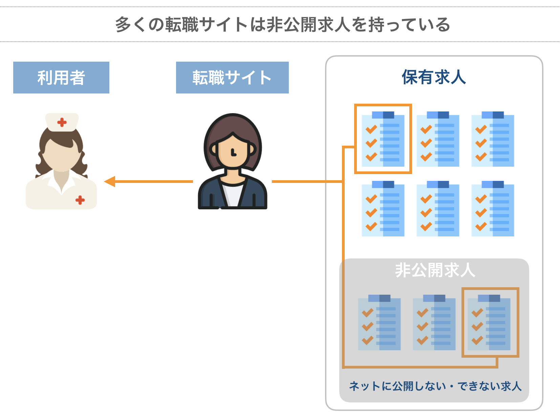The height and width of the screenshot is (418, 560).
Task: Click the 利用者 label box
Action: pyautogui.click(x=61, y=78)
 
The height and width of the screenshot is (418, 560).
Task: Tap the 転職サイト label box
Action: pyautogui.click(x=232, y=78)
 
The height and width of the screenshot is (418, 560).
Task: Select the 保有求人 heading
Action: pyautogui.click(x=434, y=77)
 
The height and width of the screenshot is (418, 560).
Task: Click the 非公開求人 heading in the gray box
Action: pyautogui.click(x=435, y=270)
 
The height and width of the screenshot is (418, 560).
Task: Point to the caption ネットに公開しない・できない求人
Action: pyautogui.click(x=435, y=386)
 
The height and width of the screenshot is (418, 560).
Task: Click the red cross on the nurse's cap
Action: pyautogui.click(x=62, y=122)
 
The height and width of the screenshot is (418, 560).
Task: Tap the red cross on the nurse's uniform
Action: pyautogui.click(x=80, y=200)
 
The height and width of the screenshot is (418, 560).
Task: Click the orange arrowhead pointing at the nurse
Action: pyautogui.click(x=109, y=182)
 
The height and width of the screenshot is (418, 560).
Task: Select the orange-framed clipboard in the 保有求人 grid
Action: pyautogui.click(x=383, y=139)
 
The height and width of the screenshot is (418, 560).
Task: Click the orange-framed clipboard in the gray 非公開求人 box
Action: pyautogui.click(x=490, y=322)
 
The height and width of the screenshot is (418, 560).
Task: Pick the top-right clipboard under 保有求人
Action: pyautogui.click(x=493, y=139)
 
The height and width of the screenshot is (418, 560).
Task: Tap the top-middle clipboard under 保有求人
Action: pyautogui.click(x=438, y=139)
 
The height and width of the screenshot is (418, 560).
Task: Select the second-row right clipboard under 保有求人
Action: pyautogui.click(x=493, y=209)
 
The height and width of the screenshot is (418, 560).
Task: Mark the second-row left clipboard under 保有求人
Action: pyautogui.click(x=383, y=209)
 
